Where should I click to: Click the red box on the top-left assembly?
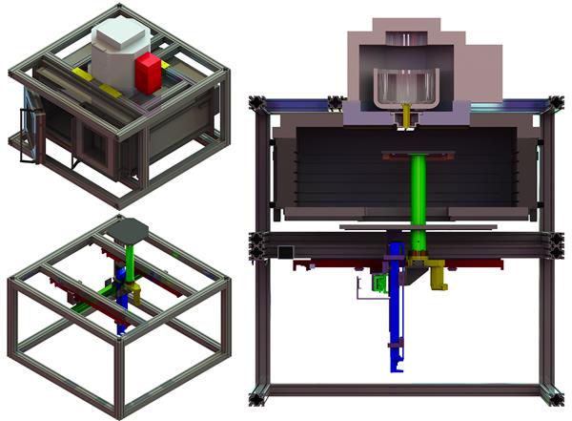click(148, 73)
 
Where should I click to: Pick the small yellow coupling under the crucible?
click(409, 116)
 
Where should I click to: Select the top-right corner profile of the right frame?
click(551, 103)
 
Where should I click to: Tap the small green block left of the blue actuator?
click(377, 284)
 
